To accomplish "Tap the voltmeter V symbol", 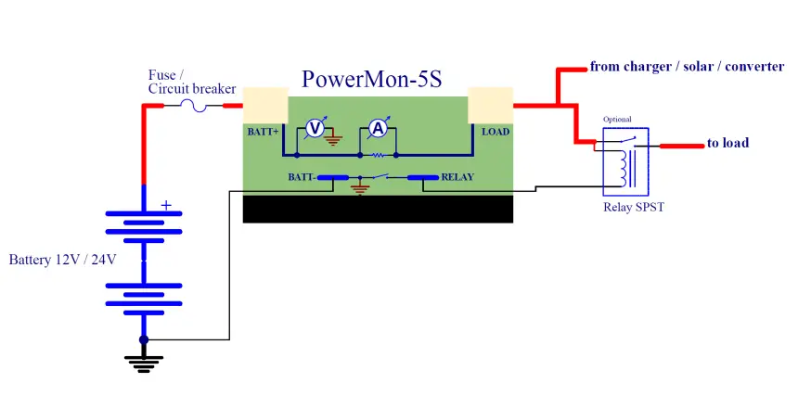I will [315, 129].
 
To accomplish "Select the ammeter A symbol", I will [378, 129].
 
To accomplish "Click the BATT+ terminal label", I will [263, 132].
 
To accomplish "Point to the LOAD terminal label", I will [496, 132].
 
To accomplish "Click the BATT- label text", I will [303, 175].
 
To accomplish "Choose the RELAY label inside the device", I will [459, 175].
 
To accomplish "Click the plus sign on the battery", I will [167, 205].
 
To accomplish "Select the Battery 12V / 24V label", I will [62, 260].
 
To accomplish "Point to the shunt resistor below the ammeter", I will [378, 155].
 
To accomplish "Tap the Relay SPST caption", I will [633, 207].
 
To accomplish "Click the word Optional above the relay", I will [617, 120].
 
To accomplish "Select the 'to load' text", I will [727, 143].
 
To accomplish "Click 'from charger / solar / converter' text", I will [687, 67].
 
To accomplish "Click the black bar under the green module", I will [378, 209].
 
